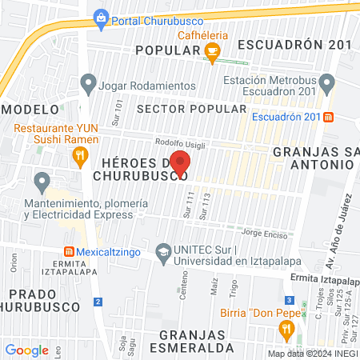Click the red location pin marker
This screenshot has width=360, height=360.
(x=180, y=162)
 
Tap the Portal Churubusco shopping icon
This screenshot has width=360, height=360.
(x=102, y=18)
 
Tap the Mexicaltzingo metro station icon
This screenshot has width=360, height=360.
(x=69, y=250)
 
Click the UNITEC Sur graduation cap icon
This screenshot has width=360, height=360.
(x=164, y=251)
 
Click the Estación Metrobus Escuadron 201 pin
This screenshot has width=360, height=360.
(x=326, y=83)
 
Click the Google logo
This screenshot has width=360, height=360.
(x=26, y=350)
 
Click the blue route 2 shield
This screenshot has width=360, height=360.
(x=98, y=301)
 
